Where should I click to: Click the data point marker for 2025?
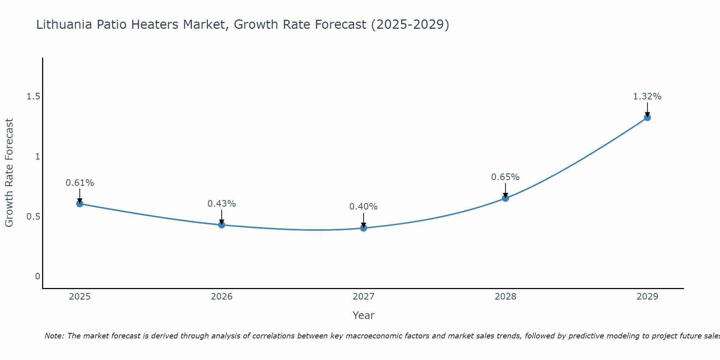tap(80, 204)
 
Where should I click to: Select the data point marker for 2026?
tap(222, 225)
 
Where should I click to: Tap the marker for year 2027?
tap(364, 228)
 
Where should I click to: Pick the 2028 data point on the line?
tap(505, 198)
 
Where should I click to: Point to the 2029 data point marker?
tap(647, 117)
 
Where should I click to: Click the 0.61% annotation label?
tap(80, 183)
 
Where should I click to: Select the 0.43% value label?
tap(222, 204)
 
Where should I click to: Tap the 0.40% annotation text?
tap(364, 207)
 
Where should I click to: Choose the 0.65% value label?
tap(505, 177)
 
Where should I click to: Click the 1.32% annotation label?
tap(647, 96)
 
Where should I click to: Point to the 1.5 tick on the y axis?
tap(33, 96)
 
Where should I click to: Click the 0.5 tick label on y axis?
tap(33, 217)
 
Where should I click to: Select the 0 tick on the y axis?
tap(37, 276)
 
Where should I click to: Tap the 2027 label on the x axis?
tap(364, 297)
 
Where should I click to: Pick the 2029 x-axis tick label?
tap(647, 297)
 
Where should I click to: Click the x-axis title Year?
tap(364, 315)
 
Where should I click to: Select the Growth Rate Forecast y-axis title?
tap(9, 173)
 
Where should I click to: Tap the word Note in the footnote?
tap(54, 336)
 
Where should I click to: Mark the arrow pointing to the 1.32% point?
tap(647, 109)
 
